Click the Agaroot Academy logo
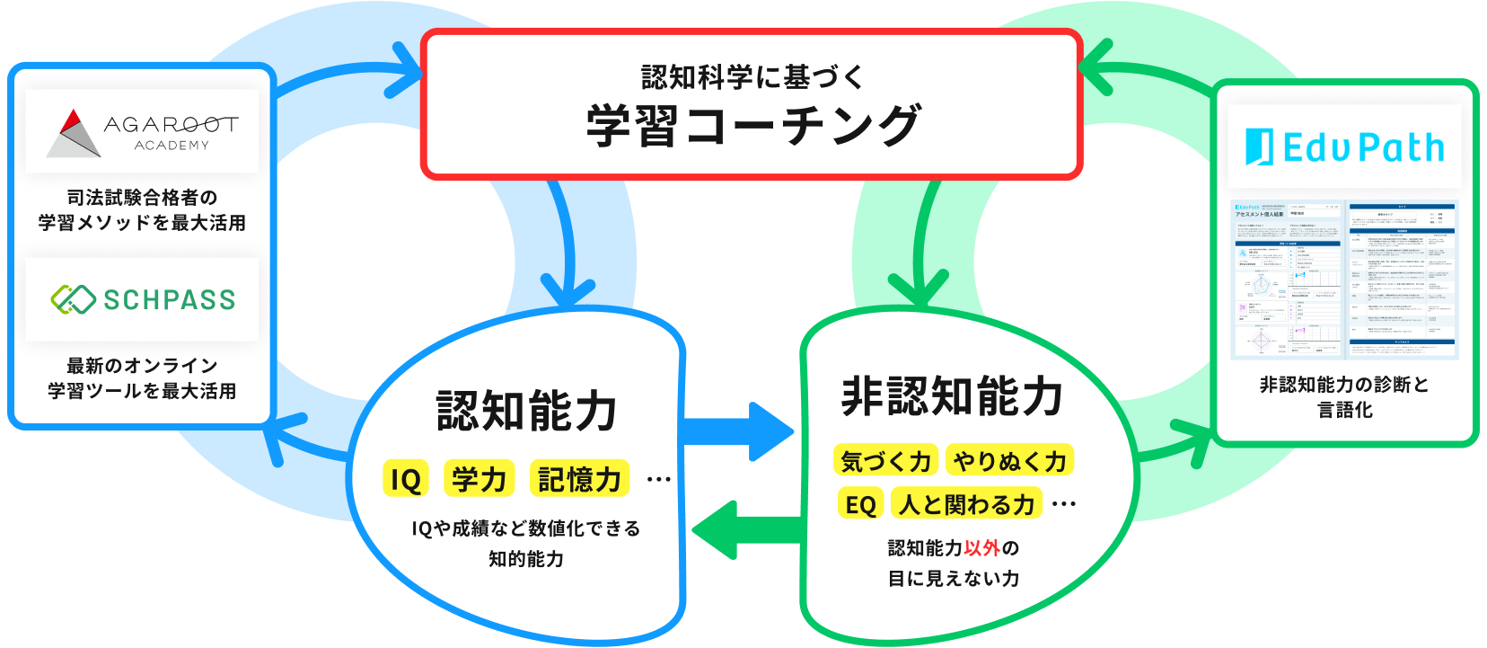[142, 131]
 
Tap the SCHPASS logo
[142, 299]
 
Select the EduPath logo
[1344, 147]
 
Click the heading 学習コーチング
[752, 125]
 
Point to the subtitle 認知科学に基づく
[752, 77]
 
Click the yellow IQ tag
[405, 480]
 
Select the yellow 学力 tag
[479, 480]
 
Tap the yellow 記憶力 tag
[579, 480]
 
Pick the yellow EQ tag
[860, 504]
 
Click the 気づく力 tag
[885, 461]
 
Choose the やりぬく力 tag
[1009, 461]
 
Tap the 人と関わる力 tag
[967, 504]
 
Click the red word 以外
[981, 547]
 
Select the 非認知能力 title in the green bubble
[952, 396]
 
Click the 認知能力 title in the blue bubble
[526, 411]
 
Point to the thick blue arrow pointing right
[741, 432]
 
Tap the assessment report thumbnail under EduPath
[1344, 280]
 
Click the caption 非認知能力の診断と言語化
[1344, 396]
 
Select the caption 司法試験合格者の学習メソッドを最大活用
[142, 209]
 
